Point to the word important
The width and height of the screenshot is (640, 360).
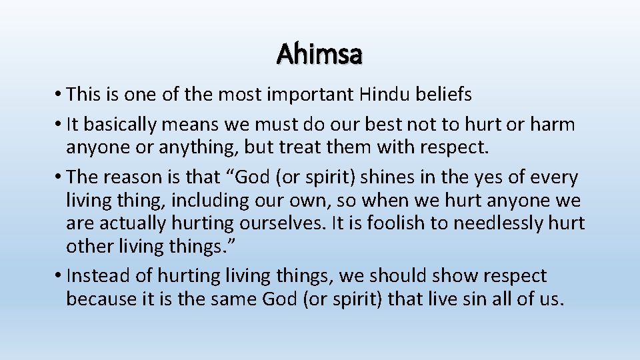[309, 95]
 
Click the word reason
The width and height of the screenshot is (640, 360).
[134, 177]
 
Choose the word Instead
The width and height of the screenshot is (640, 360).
[95, 276]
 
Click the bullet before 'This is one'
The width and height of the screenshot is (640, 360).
[60, 95]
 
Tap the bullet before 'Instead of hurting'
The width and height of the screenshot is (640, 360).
[60, 276]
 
